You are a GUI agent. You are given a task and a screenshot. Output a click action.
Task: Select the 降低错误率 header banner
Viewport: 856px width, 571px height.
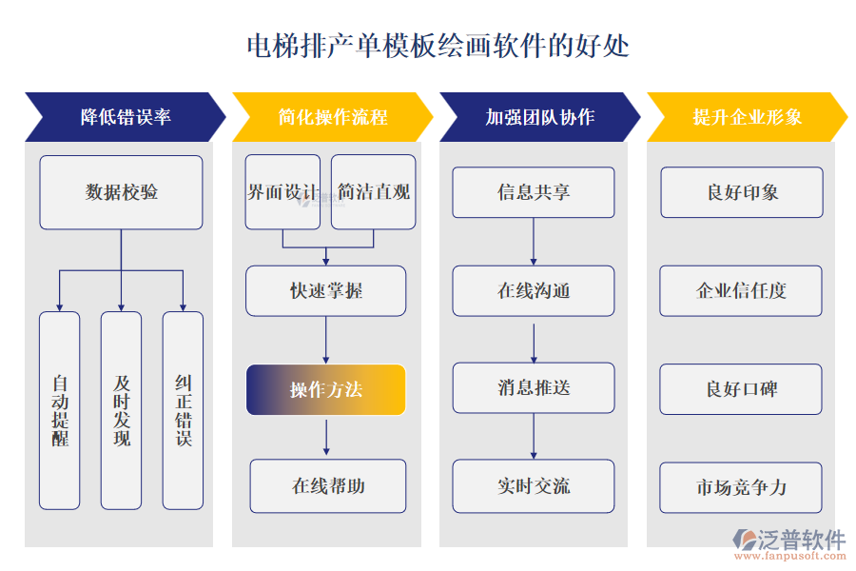(125, 117)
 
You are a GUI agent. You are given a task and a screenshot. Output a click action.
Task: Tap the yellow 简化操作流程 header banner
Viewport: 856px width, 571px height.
(332, 117)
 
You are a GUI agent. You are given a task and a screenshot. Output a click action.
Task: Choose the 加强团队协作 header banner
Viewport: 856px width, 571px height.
(538, 117)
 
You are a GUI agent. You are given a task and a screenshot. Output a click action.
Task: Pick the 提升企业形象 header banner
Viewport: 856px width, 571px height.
(747, 117)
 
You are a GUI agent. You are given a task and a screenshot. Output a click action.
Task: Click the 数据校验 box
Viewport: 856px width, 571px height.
(121, 192)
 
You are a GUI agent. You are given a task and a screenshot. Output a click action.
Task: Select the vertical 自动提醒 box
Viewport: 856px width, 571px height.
(59, 410)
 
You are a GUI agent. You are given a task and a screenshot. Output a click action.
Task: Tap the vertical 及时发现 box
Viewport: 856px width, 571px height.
(121, 410)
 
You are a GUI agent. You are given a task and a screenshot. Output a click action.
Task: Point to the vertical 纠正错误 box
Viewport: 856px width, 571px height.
(183, 410)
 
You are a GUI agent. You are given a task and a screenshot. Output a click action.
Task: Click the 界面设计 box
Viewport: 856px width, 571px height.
(282, 192)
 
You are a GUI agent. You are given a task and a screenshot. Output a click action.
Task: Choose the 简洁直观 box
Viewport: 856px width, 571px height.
(373, 192)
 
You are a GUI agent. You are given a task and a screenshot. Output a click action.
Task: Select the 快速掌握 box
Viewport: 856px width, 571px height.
(325, 291)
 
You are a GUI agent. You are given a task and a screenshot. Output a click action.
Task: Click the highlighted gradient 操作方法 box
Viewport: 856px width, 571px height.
(325, 390)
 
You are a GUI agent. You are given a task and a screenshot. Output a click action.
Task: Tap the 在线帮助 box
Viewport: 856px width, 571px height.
(327, 486)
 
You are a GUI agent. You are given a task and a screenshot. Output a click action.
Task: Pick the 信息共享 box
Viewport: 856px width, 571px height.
(533, 192)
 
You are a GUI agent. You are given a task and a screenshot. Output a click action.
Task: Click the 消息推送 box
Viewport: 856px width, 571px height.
(533, 388)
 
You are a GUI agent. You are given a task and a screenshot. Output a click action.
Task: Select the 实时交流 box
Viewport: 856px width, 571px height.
(533, 486)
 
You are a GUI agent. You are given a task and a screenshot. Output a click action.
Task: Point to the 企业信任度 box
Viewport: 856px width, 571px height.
(741, 291)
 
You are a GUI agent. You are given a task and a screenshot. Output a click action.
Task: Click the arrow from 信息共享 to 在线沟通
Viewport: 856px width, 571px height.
(533, 242)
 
